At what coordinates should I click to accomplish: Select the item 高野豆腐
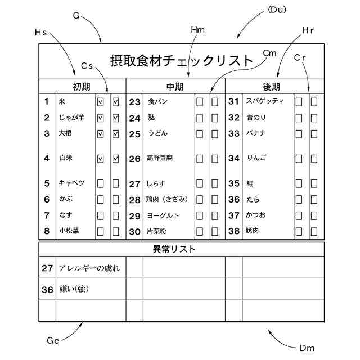coord(159,158)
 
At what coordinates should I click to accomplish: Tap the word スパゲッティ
coord(265,102)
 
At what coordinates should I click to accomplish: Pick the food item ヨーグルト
coord(163,215)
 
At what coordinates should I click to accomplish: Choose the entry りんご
coord(256,158)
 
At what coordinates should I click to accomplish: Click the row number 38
coord(234,231)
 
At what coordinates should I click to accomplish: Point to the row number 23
coord(134,102)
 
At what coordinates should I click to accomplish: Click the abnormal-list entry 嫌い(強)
coord(75,290)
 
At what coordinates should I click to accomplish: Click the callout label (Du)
coord(276,9)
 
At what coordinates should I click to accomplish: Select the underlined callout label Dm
coord(307,348)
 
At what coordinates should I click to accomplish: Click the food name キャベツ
coord(72,183)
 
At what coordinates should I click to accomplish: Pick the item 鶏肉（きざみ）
coord(167,199)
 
